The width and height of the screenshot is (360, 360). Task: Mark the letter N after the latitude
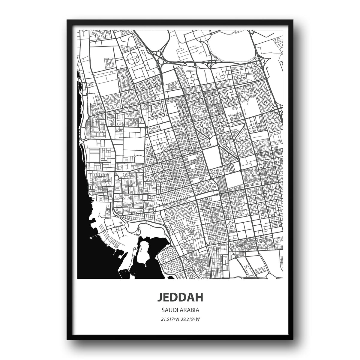tap(178, 319)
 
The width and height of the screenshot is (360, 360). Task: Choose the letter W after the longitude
tap(198, 319)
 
